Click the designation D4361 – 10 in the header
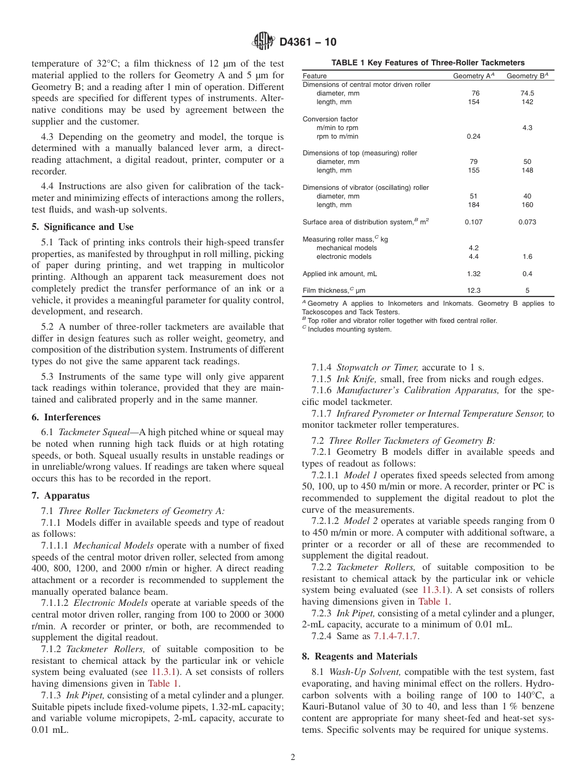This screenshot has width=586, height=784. click(308, 43)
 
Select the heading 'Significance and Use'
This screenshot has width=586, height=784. click(87, 227)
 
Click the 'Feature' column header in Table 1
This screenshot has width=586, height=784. click(315, 76)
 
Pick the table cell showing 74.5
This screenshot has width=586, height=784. click(527, 94)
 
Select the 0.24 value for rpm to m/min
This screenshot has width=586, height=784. click(474, 136)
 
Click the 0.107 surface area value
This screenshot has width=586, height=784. click(474, 222)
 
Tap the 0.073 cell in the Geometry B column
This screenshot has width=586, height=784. click(527, 222)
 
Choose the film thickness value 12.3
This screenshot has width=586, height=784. click(474, 290)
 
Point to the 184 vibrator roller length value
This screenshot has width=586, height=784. click(474, 205)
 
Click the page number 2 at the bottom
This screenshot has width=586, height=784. click(293, 757)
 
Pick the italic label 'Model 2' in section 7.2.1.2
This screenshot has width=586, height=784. click(360, 521)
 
